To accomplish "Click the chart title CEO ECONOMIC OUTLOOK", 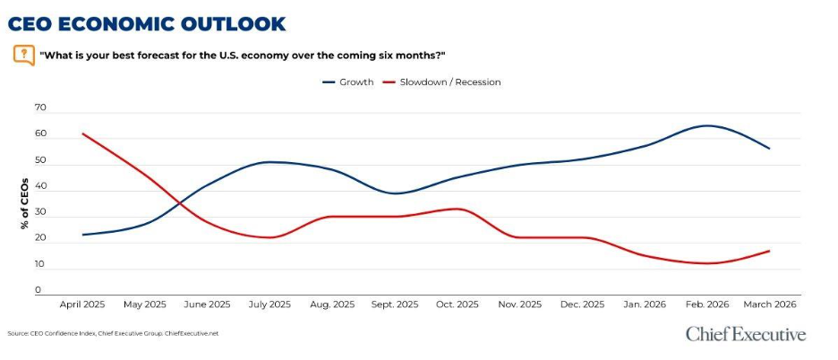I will (147, 23).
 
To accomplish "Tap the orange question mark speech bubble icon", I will (24, 55).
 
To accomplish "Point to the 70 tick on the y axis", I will (39, 107).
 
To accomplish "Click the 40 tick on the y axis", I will (39, 190).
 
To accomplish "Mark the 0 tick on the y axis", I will (39, 290).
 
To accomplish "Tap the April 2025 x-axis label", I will (82, 304).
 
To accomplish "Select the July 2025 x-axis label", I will (270, 304).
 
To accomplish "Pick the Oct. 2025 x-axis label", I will (457, 304).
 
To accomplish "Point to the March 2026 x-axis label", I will (769, 304).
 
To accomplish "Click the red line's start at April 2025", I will (82, 133).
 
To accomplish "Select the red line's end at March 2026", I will (769, 251).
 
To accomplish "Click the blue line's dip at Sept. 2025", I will (395, 193).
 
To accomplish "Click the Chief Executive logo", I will (745, 334).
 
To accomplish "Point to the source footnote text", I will (113, 334).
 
